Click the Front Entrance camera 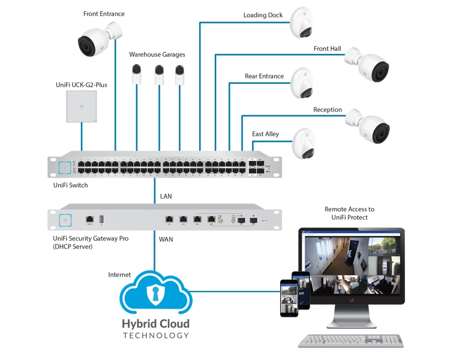96,41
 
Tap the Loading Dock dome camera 303,23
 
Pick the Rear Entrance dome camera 303,83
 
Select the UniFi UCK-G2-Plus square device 82,106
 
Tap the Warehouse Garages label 157,54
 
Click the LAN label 166,196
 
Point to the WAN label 166,239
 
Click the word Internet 119,275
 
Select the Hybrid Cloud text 155,324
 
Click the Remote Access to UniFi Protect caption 350,213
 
